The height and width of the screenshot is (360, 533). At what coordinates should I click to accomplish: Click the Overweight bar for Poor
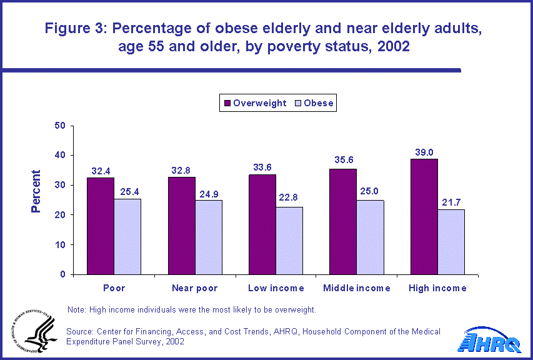100,226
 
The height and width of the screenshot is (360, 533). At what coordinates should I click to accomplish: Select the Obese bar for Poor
127,236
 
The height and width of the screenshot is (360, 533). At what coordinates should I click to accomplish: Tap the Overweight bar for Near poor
181,226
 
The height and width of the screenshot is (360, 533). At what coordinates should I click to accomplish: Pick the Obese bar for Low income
289,241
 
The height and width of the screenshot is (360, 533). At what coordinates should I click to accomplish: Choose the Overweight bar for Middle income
343,221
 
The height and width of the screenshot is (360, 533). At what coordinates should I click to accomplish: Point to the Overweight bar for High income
424,216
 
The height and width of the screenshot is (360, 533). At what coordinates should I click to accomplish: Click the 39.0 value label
424,152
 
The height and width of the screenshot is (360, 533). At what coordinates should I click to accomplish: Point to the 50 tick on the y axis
60,126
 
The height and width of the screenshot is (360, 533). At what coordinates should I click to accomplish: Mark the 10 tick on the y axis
60,245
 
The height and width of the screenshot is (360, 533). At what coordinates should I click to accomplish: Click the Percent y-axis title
36,191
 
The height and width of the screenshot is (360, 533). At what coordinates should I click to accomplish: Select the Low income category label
276,288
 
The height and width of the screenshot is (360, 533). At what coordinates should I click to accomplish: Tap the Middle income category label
357,288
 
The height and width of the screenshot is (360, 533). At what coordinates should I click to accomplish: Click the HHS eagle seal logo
32,331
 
